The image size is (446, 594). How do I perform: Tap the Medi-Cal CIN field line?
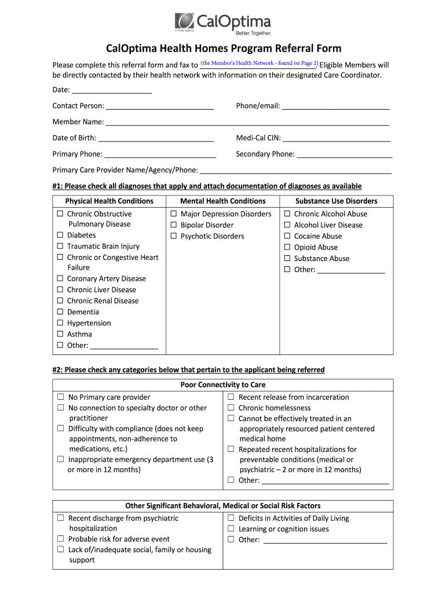point(336,139)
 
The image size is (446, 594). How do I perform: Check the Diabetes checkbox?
point(60,236)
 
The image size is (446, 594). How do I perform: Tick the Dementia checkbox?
point(60,312)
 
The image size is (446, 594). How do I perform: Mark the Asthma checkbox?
point(60,334)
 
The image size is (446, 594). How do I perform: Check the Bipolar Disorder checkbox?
point(173,225)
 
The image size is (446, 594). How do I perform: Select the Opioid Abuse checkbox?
point(287,247)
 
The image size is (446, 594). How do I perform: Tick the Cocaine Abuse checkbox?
point(287,236)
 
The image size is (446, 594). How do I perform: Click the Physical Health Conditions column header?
point(109,201)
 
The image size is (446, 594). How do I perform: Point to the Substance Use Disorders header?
point(336,201)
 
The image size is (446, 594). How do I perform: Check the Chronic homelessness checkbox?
point(231,408)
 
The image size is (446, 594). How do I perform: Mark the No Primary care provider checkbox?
point(60,397)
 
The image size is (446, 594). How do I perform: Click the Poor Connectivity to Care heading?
point(223,385)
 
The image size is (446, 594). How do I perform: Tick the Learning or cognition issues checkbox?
point(231,529)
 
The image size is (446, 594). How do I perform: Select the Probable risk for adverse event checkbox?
point(60,539)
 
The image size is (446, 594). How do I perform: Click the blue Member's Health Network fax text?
point(259,63)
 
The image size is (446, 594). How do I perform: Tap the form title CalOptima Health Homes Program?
point(223,48)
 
